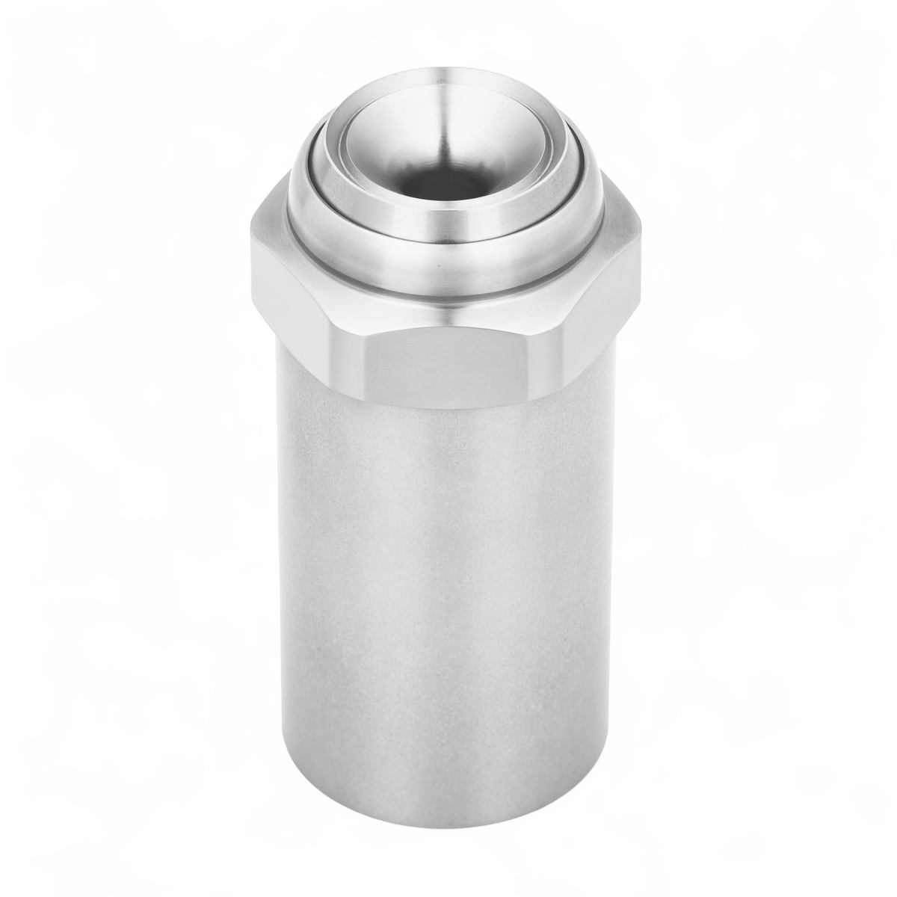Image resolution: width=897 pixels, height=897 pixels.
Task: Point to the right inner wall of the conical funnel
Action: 508,157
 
